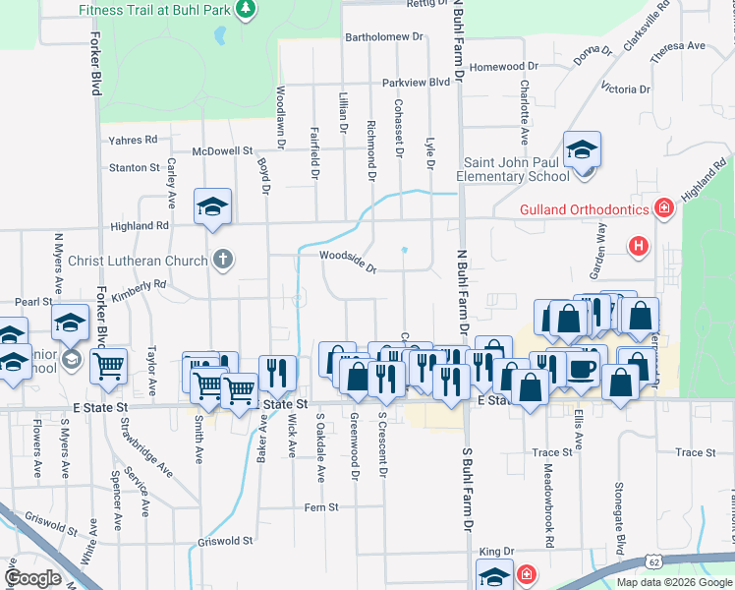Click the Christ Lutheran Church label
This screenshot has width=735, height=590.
tap(139, 261)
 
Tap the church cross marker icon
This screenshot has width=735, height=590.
tap(223, 261)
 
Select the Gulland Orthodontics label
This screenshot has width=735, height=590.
tap(585, 209)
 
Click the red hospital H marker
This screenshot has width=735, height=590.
tap(639, 245)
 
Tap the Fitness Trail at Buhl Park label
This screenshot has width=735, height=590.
tap(160, 9)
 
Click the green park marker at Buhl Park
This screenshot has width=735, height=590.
tap(246, 10)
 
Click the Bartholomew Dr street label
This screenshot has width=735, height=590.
tap(383, 37)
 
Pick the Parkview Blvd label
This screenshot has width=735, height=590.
tap(416, 83)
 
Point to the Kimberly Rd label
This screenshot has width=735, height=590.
tap(140, 287)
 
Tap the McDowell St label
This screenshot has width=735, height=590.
tap(222, 151)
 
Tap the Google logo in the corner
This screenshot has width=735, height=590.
tap(32, 577)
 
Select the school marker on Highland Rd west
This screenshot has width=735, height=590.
tap(212, 206)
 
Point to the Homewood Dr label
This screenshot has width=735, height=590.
tap(504, 67)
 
